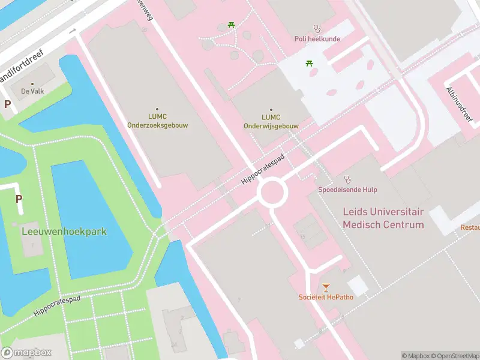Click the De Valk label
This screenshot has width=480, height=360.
click(32, 91)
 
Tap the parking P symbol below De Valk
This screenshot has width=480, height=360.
click(8, 104)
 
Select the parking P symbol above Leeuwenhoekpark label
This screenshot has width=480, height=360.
click(19, 199)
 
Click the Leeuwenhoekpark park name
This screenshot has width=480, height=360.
click(65, 231)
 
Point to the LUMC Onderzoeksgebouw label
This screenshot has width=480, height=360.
click(156, 121)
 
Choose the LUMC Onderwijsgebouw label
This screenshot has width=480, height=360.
click(271, 121)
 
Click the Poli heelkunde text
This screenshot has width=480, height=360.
click(317, 39)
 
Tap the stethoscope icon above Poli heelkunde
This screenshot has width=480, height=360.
click(317, 28)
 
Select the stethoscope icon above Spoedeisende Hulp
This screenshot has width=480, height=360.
click(347, 179)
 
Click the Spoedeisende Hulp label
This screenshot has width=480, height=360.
click(347, 190)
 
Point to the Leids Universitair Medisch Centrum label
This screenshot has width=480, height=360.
click(383, 218)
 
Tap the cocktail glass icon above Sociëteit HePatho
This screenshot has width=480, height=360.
click(326, 287)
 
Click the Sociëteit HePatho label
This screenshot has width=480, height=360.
click(326, 297)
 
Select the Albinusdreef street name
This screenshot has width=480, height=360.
click(459, 103)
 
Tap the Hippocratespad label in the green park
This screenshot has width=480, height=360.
click(57, 305)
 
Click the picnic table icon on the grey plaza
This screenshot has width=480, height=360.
click(310, 63)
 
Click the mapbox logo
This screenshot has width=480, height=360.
click(26, 353)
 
